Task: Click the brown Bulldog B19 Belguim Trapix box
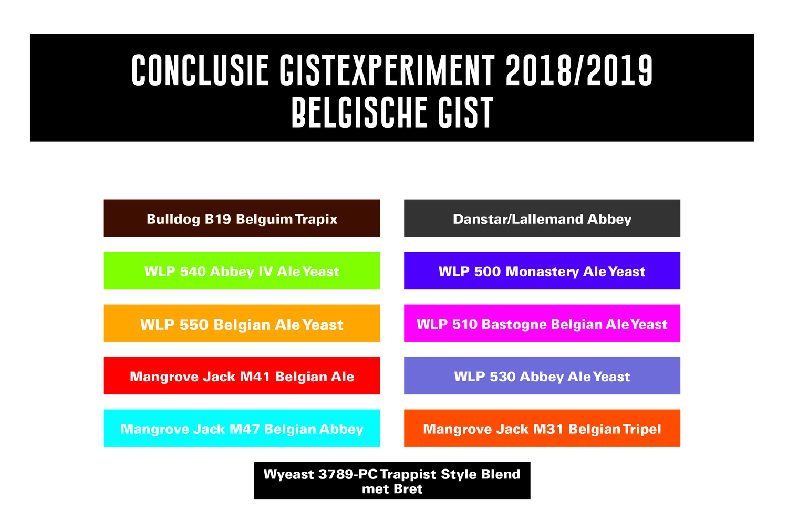(242, 218)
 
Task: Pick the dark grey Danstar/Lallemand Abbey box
(542, 218)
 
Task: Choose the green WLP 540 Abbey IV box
(242, 271)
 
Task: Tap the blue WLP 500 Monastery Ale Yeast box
(542, 271)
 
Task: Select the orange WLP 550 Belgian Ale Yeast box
(242, 324)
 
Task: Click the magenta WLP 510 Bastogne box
(542, 324)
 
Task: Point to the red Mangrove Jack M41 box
(242, 376)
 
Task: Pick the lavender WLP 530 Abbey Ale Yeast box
(542, 376)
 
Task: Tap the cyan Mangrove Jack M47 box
(242, 428)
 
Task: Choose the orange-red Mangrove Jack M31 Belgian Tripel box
(542, 428)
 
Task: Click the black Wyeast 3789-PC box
(392, 481)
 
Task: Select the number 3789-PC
(348, 474)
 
